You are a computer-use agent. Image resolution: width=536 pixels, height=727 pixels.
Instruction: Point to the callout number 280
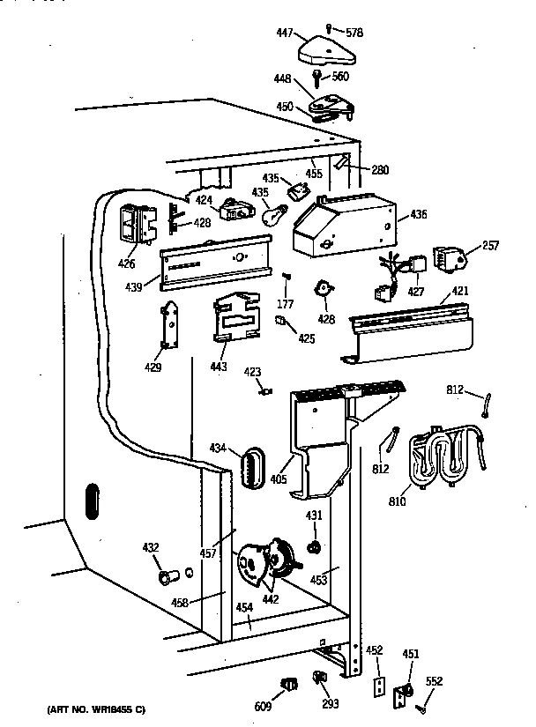pos(380,170)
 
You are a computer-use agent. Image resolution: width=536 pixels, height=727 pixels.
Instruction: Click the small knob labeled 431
pos(313,548)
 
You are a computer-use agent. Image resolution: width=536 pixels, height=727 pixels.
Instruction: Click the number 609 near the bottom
pos(264,706)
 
